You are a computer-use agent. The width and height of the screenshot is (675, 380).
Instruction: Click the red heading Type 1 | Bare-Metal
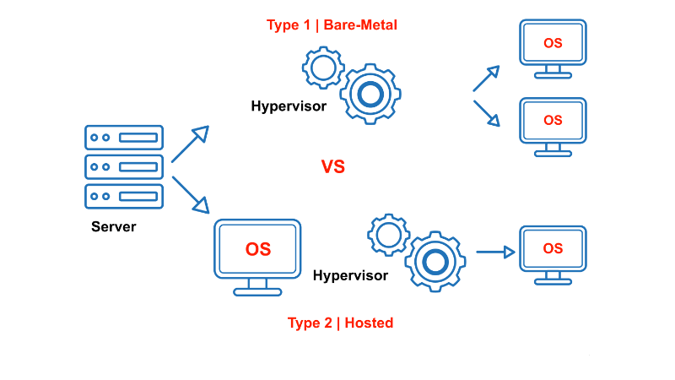(332, 25)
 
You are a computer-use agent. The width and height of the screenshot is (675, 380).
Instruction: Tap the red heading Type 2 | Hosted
(340, 323)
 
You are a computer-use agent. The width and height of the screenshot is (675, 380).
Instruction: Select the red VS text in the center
(333, 166)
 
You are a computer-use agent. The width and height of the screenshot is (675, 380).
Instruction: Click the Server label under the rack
(113, 227)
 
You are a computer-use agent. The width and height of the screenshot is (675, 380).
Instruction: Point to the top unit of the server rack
(123, 137)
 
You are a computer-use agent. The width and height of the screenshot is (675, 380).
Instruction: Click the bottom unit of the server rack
(123, 197)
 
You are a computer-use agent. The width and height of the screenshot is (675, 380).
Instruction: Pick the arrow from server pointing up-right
(190, 144)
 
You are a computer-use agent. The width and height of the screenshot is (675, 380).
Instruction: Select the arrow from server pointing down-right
(190, 193)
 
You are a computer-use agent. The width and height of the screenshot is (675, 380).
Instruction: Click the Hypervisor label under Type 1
(289, 106)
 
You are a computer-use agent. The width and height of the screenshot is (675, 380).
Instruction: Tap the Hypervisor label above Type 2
(350, 275)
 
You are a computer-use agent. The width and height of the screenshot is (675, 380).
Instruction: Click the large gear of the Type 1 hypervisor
(370, 93)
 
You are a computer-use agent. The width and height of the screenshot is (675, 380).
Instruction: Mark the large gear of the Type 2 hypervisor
(435, 261)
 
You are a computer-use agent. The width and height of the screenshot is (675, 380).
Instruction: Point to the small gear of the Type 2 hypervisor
(388, 234)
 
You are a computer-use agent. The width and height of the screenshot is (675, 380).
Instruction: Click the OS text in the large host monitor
(258, 249)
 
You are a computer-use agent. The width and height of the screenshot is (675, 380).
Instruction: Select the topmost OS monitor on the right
(553, 43)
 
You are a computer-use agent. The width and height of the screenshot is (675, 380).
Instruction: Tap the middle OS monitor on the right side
(553, 121)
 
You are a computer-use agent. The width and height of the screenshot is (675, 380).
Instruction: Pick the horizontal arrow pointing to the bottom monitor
(495, 251)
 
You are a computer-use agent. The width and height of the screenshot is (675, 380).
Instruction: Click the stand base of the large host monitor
(257, 291)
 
